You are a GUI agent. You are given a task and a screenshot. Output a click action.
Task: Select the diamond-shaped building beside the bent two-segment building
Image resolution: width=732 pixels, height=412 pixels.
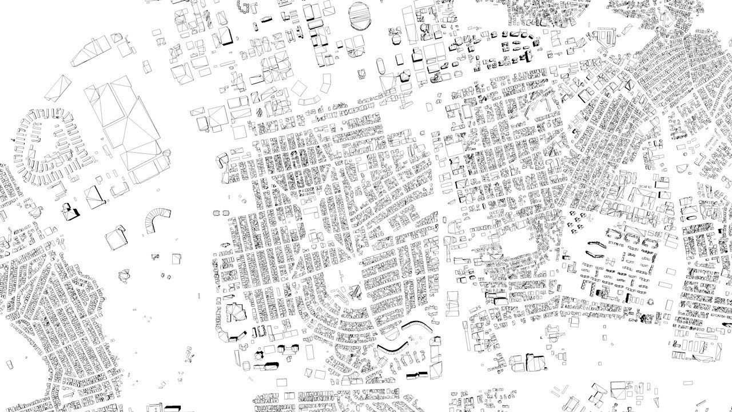click(299, 88)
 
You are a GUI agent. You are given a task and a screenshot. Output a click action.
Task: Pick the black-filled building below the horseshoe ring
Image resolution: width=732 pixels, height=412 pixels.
click(72, 211)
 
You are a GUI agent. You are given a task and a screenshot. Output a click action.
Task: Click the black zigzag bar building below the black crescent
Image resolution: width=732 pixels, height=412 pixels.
click(416, 374)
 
